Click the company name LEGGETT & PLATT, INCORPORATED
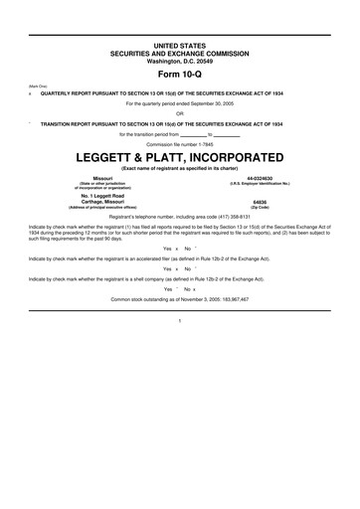coord(179,158)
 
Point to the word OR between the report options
coord(179,112)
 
